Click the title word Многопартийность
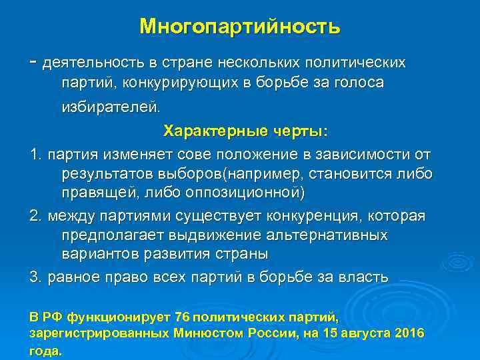pyautogui.click(x=240, y=27)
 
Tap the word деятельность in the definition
pyautogui.click(x=91, y=63)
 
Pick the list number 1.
pyautogui.click(x=35, y=155)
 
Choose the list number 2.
pyautogui.click(x=35, y=217)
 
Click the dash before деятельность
pyautogui.click(x=33, y=62)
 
